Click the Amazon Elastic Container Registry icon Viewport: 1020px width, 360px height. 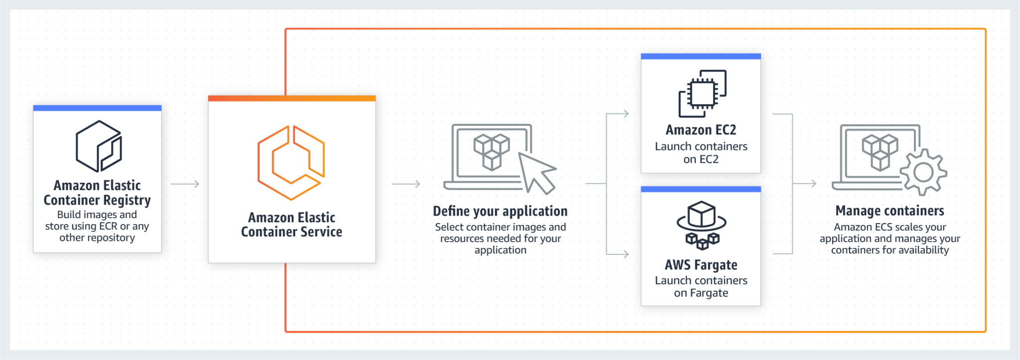(x=99, y=146)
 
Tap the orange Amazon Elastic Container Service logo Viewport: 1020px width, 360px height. (x=291, y=162)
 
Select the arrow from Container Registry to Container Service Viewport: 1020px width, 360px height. (x=185, y=184)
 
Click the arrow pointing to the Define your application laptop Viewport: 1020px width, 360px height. (x=406, y=184)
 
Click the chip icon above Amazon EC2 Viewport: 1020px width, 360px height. (x=702, y=93)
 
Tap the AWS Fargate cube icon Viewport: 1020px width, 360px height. (x=701, y=225)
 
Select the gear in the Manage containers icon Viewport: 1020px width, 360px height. (x=923, y=172)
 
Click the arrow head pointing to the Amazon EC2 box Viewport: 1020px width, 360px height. (x=625, y=114)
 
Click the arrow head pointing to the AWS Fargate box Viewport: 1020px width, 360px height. (x=625, y=254)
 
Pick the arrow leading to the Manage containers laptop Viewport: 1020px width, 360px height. (x=805, y=184)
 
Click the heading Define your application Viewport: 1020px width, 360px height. (x=500, y=211)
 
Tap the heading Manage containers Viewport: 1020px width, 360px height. (x=890, y=211)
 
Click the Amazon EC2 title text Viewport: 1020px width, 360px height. (x=701, y=130)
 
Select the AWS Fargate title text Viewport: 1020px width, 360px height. (x=701, y=265)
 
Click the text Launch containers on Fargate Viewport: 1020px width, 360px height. (x=701, y=287)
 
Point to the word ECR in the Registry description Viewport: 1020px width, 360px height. (x=108, y=226)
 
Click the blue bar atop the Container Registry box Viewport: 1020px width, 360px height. (x=97, y=108)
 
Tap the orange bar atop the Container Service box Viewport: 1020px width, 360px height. (x=291, y=98)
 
